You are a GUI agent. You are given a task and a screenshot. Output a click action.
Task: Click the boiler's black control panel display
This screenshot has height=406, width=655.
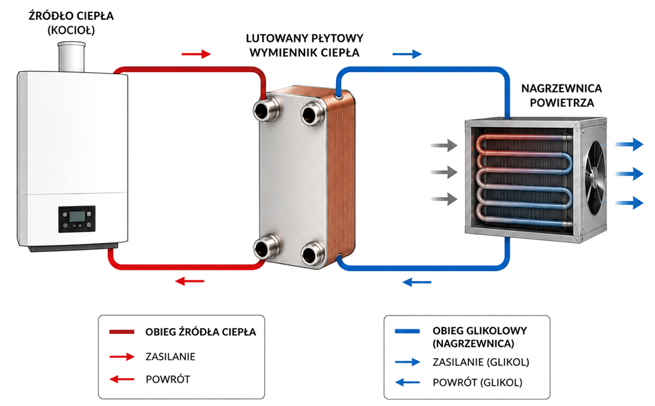(x=77, y=219)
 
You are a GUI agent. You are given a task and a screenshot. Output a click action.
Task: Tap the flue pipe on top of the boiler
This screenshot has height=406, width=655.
(x=71, y=57)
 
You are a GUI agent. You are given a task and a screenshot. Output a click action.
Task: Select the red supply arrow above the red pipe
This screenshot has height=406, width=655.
(x=196, y=54)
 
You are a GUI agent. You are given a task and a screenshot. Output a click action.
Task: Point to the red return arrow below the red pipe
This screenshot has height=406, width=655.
(x=190, y=281)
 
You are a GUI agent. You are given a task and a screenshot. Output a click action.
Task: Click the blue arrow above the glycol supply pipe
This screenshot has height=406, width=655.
(x=407, y=54)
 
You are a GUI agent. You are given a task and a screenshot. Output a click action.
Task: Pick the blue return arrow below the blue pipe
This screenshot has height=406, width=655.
(x=417, y=282)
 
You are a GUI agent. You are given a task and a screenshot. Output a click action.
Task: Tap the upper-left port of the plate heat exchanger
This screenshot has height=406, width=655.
(x=267, y=109)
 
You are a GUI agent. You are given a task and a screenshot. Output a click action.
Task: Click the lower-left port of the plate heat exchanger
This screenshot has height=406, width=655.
(x=267, y=248)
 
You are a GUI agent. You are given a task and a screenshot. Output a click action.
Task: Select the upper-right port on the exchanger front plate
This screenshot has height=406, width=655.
(x=313, y=113)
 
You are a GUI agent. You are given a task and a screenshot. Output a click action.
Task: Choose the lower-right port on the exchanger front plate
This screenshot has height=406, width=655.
(x=313, y=253)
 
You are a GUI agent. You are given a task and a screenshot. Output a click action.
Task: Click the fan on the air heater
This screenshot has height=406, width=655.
(x=595, y=177)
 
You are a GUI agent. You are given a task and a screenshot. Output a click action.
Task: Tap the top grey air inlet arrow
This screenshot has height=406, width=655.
(x=444, y=145)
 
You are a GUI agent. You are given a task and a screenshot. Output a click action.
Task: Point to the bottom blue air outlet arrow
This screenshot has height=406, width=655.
(x=629, y=203)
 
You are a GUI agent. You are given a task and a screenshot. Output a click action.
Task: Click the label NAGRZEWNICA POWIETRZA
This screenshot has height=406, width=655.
(x=561, y=95)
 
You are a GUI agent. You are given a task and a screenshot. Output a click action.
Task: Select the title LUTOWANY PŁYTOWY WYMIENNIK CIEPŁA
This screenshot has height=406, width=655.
(x=305, y=46)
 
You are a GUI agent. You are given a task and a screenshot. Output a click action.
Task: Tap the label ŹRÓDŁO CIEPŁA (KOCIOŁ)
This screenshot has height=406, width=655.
(x=71, y=22)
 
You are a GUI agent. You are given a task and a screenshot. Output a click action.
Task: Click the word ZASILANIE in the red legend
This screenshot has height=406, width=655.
(x=170, y=357)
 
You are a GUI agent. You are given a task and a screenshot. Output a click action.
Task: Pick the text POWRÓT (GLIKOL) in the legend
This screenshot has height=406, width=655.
(x=477, y=382)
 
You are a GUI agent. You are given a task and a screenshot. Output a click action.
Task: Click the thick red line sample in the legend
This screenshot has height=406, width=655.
(x=122, y=332)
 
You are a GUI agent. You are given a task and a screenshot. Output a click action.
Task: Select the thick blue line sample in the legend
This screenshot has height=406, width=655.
(x=407, y=331)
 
